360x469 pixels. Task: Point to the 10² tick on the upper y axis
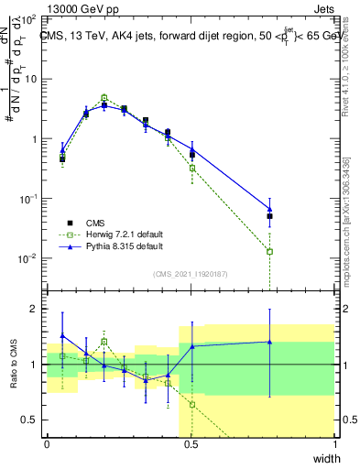pyautogui.click(x=28, y=18)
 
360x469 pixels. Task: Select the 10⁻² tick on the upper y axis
pyautogui.click(x=28, y=258)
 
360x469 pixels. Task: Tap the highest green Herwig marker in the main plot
pyautogui.click(x=104, y=97)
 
